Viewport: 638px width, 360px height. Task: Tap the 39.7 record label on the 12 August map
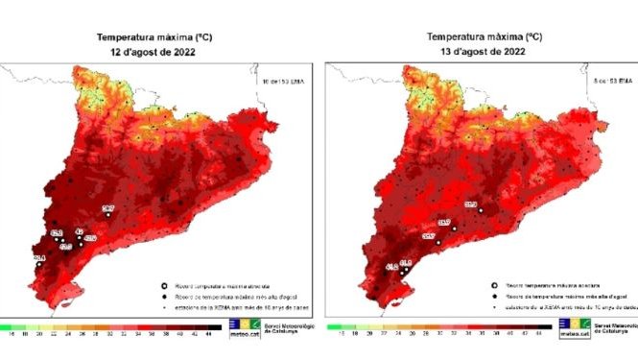(108, 208)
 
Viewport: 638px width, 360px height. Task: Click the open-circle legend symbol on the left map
(165, 285)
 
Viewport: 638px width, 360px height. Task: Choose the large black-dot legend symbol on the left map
(165, 297)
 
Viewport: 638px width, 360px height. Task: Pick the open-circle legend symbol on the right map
(495, 286)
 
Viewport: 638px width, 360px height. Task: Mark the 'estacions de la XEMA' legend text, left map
(227, 308)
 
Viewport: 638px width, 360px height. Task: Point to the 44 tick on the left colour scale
(210, 335)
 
